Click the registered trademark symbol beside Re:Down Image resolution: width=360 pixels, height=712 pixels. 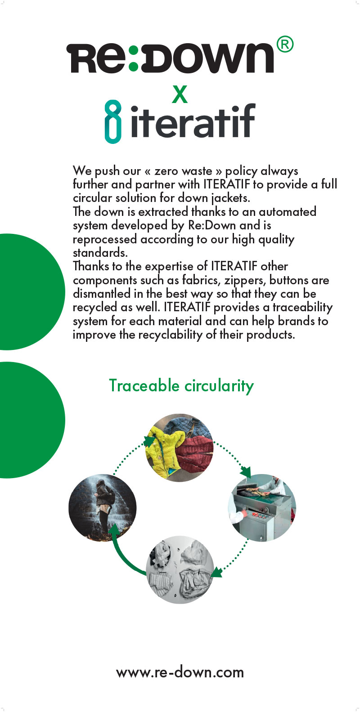(285, 45)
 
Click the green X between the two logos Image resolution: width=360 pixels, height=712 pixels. (180, 94)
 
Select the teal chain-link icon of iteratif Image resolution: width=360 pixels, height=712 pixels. (113, 122)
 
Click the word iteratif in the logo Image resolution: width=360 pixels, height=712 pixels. (193, 121)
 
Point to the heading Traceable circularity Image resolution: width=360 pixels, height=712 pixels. (181, 385)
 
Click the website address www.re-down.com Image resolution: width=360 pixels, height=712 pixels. (180, 672)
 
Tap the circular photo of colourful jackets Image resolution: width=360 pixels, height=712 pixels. (180, 448)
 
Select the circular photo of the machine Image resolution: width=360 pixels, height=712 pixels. (262, 508)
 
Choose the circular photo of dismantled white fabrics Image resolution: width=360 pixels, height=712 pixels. (180, 569)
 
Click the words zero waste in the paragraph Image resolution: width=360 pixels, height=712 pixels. (183, 171)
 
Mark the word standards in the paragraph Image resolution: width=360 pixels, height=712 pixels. (100, 253)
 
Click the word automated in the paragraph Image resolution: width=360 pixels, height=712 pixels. (288, 212)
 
